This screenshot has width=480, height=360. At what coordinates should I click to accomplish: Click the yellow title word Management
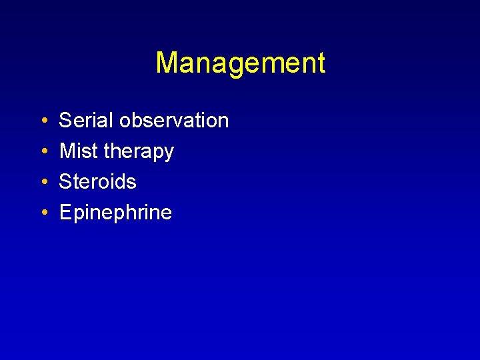pyautogui.click(x=240, y=63)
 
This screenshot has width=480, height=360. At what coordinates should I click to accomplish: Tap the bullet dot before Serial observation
pyautogui.click(x=43, y=121)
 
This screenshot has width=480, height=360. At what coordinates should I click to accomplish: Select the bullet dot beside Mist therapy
pyautogui.click(x=43, y=152)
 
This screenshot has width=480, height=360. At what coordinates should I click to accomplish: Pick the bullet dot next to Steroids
pyautogui.click(x=43, y=183)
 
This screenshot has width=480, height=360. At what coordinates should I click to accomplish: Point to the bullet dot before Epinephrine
pyautogui.click(x=43, y=213)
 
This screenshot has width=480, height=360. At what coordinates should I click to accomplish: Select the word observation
pyautogui.click(x=174, y=121)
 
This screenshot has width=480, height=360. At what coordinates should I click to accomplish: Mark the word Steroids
pyautogui.click(x=97, y=182)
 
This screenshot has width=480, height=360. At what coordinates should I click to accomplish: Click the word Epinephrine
pyautogui.click(x=115, y=213)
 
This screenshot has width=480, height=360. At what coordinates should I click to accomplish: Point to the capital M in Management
pyautogui.click(x=167, y=63)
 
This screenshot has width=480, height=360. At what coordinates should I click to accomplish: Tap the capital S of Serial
pyautogui.click(x=66, y=121)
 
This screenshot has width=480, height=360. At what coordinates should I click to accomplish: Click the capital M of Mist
pyautogui.click(x=68, y=151)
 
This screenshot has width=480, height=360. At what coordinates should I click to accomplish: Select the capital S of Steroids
pyautogui.click(x=66, y=182)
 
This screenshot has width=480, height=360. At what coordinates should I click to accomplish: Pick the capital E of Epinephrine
pyautogui.click(x=66, y=213)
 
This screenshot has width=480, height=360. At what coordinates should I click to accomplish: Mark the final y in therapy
pyautogui.click(x=169, y=154)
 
